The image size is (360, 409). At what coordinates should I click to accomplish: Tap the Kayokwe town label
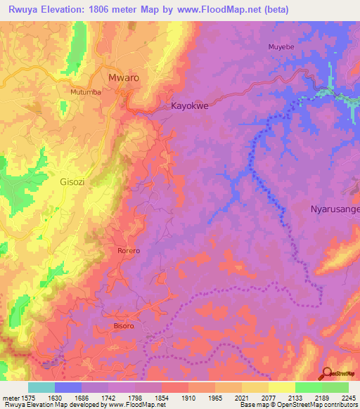pyautogui.click(x=191, y=107)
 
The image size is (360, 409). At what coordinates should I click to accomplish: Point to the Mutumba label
pyautogui.click(x=88, y=92)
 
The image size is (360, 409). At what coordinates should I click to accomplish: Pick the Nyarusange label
pyautogui.click(x=335, y=209)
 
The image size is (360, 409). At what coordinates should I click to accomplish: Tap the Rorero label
pyautogui.click(x=128, y=251)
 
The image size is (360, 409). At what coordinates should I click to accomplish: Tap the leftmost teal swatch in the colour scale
pyautogui.click(x=41, y=387)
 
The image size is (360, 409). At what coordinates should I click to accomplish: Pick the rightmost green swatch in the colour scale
pyautogui.click(x=335, y=387)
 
